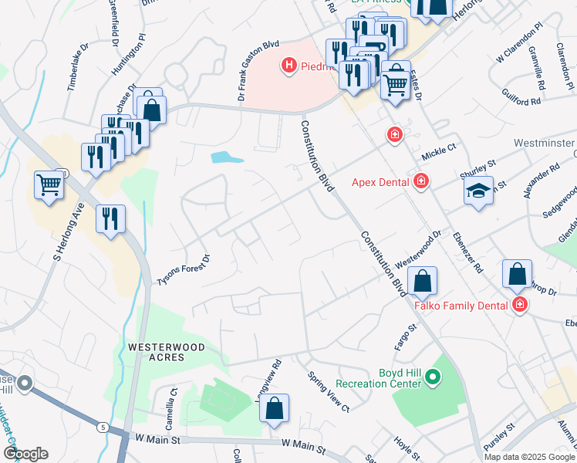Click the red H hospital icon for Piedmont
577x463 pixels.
click(289, 66)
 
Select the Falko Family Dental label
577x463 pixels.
click(461, 305)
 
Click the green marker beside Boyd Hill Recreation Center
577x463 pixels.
click(433, 378)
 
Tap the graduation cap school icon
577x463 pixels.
click(478, 191)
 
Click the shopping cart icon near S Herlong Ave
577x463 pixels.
click(49, 186)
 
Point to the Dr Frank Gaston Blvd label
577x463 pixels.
click(257, 72)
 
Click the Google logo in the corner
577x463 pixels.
click(25, 453)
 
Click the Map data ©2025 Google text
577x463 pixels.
click(528, 457)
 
